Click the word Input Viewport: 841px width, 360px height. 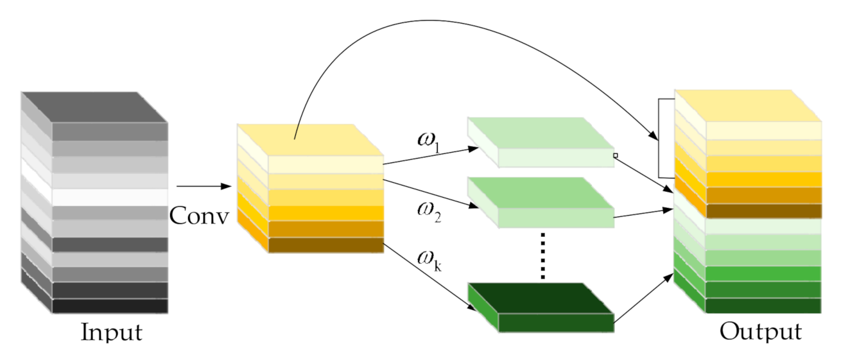[111, 332]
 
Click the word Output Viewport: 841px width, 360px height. [760, 332]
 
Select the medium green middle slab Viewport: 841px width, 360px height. [539, 202]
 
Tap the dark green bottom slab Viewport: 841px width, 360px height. [539, 307]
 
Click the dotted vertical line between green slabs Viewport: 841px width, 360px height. [542, 255]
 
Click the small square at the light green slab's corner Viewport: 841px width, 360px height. [615, 155]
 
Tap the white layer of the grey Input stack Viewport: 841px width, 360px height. [109, 196]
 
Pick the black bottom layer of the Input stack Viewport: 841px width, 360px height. [109, 305]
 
